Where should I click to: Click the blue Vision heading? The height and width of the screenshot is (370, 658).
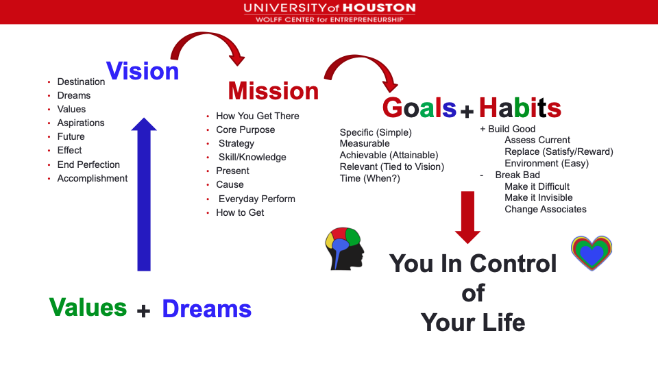[x=143, y=71]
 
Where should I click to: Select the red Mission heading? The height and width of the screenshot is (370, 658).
[x=273, y=90]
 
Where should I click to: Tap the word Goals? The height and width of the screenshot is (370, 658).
[x=419, y=108]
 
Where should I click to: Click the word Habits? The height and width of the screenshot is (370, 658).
[x=520, y=108]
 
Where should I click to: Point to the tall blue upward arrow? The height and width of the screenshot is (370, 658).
[x=144, y=194]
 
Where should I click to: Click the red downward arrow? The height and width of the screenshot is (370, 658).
[x=467, y=217]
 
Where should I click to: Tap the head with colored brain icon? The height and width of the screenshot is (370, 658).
[x=345, y=249]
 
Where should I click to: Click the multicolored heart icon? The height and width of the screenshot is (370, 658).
[x=592, y=253]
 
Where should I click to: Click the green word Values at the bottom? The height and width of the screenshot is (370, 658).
[x=88, y=307]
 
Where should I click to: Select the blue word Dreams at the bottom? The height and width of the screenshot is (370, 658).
[x=207, y=309]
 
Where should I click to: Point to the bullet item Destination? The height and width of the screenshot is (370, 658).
[x=81, y=82]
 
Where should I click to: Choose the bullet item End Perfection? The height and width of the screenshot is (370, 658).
[x=88, y=164]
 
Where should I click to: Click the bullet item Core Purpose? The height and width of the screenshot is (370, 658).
[x=245, y=129]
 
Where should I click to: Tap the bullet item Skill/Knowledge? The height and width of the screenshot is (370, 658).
[x=252, y=158]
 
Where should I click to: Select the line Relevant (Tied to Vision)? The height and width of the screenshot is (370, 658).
[x=392, y=167]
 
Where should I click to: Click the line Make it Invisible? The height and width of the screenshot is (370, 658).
[x=539, y=197]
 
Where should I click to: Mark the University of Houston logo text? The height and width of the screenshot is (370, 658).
[x=330, y=12]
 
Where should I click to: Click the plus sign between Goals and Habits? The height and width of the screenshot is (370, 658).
[x=467, y=111]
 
